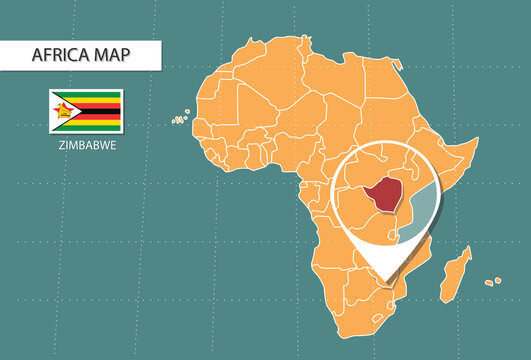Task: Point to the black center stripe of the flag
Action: point(95,111)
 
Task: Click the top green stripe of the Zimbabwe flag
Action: point(95,95)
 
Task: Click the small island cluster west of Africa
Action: point(179,119)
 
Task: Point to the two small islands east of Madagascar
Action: point(491,280)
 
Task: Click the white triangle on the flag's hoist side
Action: point(57,111)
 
